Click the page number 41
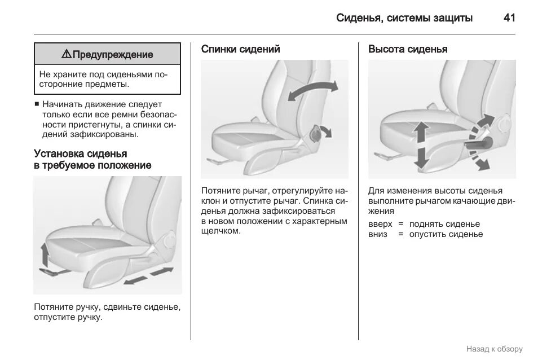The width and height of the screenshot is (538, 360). (509, 17)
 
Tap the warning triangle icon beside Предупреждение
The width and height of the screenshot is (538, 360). (66, 54)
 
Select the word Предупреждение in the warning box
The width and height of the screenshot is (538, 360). (113, 55)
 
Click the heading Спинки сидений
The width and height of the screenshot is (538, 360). (241, 49)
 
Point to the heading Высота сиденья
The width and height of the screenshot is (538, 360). (408, 49)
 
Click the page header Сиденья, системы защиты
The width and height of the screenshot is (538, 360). (404, 17)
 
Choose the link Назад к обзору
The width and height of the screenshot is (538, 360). (495, 349)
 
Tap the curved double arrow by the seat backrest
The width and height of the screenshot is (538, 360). (313, 90)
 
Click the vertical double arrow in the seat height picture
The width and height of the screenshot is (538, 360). (420, 145)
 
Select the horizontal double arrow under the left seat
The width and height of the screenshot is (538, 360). (148, 276)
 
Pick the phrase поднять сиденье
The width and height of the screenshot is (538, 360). (444, 223)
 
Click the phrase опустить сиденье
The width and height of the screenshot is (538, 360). (446, 234)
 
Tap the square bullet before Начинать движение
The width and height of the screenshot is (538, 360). (37, 104)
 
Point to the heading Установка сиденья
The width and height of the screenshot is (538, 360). (81, 153)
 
